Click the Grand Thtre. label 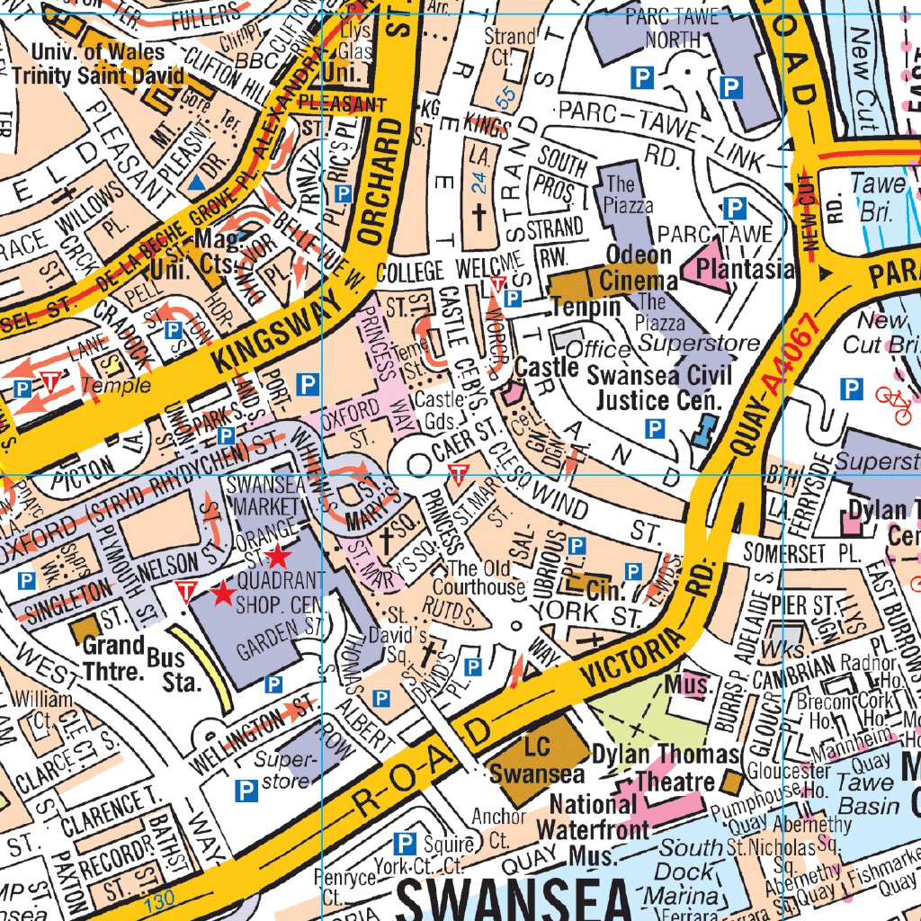113,657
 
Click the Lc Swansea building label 536,761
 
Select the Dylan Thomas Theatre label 666,767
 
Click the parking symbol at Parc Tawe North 641,78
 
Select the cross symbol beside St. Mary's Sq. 387,541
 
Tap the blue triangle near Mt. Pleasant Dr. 196,183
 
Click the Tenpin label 586,306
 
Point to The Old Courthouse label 486,577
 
